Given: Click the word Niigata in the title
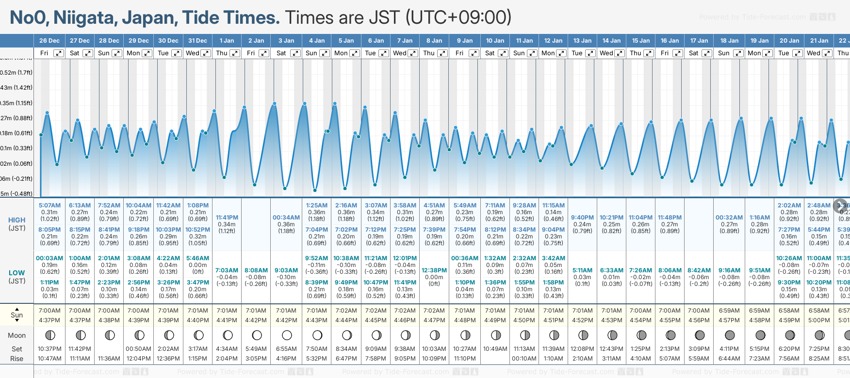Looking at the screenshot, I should pyautogui.click(x=83, y=18).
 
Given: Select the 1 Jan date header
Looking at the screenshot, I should pyautogui.click(x=227, y=41).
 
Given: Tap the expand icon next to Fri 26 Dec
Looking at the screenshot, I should pyautogui.click(x=59, y=53).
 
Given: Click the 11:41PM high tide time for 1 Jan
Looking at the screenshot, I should pyautogui.click(x=227, y=218).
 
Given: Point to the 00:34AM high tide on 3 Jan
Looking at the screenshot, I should pyautogui.click(x=286, y=218).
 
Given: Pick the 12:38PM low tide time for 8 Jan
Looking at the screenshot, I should pyautogui.click(x=434, y=270).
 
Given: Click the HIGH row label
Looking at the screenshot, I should pyautogui.click(x=17, y=220).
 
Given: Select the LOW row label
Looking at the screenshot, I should pyautogui.click(x=17, y=273).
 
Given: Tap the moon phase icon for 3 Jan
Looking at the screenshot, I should pyautogui.click(x=287, y=335).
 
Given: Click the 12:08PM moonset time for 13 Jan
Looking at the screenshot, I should pyautogui.click(x=582, y=349).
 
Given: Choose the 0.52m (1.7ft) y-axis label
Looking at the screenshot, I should pyautogui.click(x=16, y=73).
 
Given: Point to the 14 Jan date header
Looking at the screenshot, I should pyautogui.click(x=611, y=41).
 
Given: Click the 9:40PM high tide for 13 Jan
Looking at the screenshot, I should pyautogui.click(x=582, y=218).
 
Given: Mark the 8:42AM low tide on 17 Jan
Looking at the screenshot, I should pyautogui.click(x=699, y=270).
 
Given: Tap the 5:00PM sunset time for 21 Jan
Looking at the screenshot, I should pyautogui.click(x=819, y=320).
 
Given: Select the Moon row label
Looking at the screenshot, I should pyautogui.click(x=17, y=335).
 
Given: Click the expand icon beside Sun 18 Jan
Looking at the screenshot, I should pyautogui.click(x=738, y=53).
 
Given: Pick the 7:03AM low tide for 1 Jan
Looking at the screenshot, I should pyautogui.click(x=227, y=270).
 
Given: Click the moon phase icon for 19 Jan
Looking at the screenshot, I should pyautogui.click(x=760, y=335).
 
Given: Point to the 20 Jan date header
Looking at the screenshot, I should pyautogui.click(x=789, y=41).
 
